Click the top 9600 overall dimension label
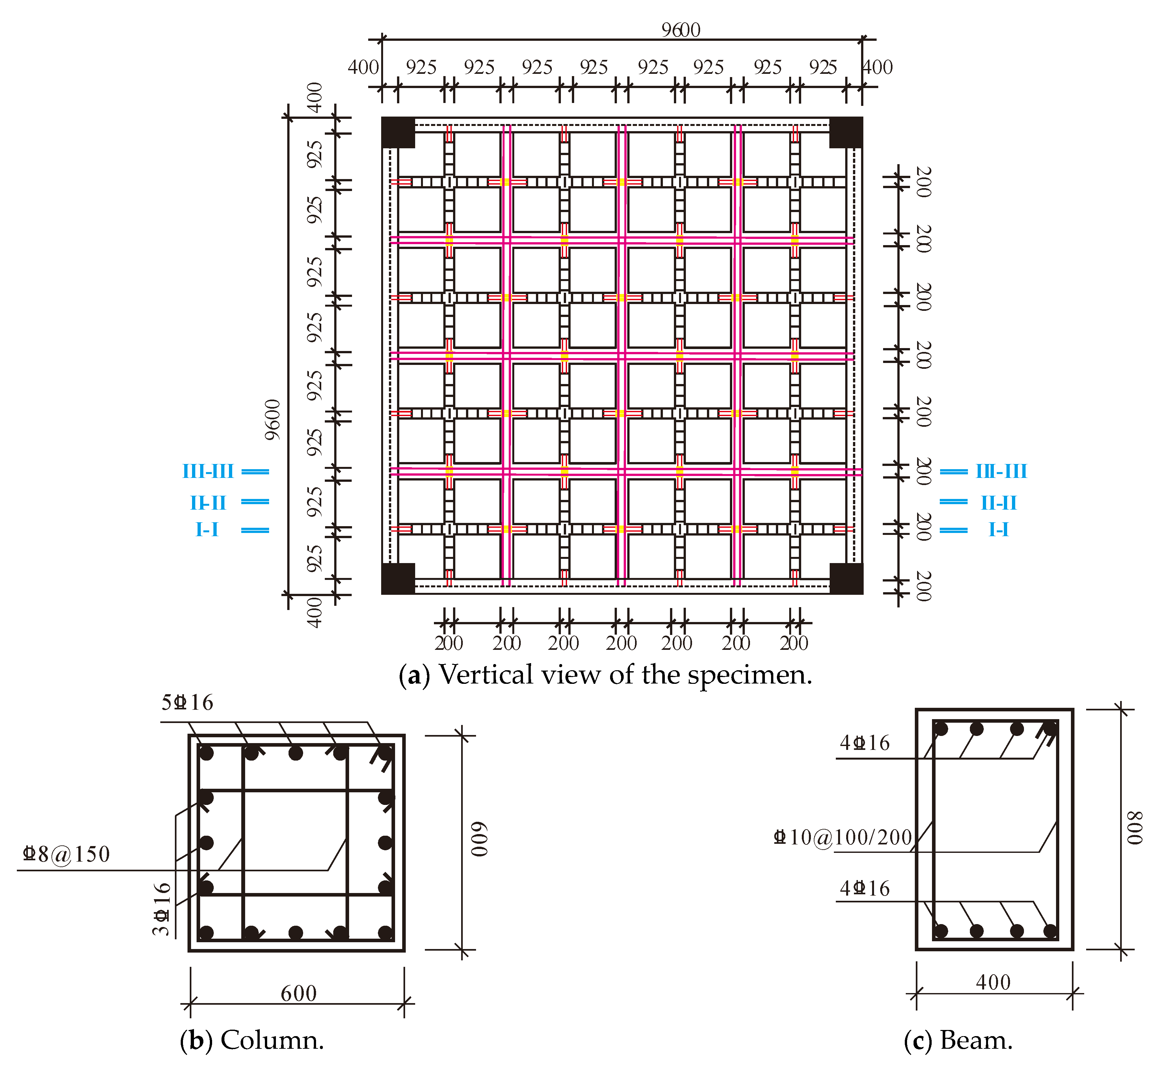[681, 30]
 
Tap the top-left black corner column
[398, 132]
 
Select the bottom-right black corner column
[846, 578]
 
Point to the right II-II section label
[999, 503]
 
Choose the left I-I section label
[207, 529]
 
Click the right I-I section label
[999, 529]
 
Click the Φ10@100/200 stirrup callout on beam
[843, 837]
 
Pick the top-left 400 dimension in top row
[363, 67]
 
